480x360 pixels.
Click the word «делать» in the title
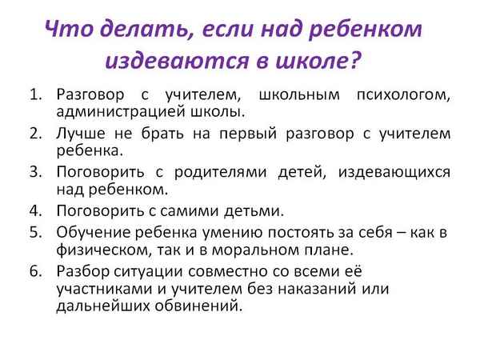tap(128, 30)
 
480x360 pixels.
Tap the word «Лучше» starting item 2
tap(79, 133)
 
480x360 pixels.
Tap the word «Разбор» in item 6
tap(82, 270)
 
